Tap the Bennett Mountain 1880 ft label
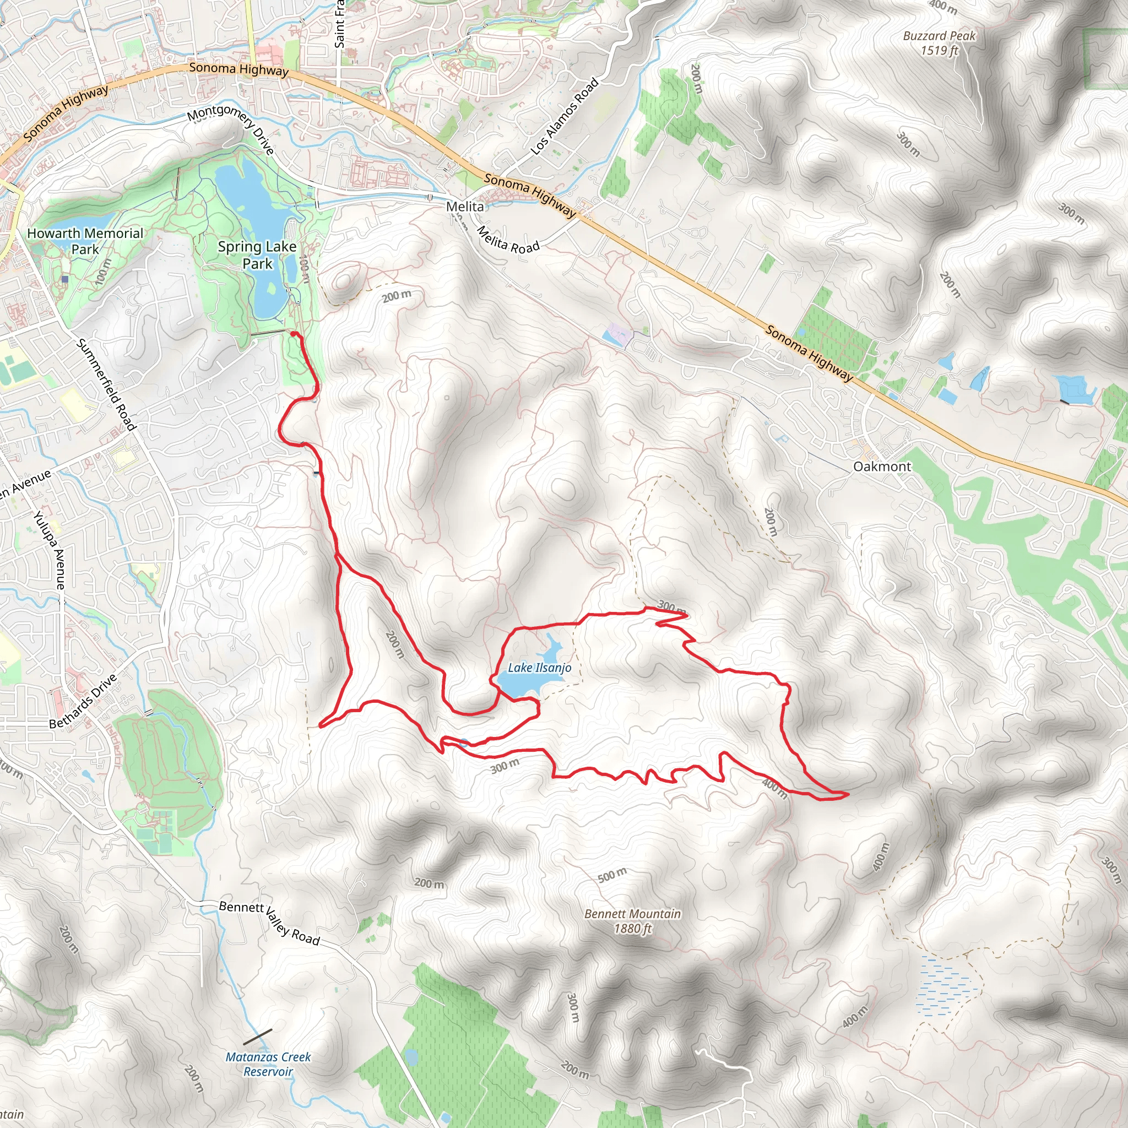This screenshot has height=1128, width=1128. tap(633, 921)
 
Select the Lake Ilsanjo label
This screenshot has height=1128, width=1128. tap(539, 668)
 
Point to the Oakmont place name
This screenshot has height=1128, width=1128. tap(882, 467)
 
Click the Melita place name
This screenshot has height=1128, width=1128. tap(465, 207)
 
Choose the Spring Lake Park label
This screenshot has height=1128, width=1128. tap(257, 255)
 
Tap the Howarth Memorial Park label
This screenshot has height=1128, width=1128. tap(85, 241)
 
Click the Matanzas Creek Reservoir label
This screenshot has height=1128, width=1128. tap(268, 1064)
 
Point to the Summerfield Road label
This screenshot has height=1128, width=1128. tap(106, 384)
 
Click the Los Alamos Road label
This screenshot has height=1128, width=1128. tap(565, 117)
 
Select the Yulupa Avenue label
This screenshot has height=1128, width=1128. tap(49, 549)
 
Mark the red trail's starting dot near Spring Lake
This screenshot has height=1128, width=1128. tap(293, 334)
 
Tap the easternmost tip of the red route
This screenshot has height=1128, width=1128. tap(848, 794)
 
